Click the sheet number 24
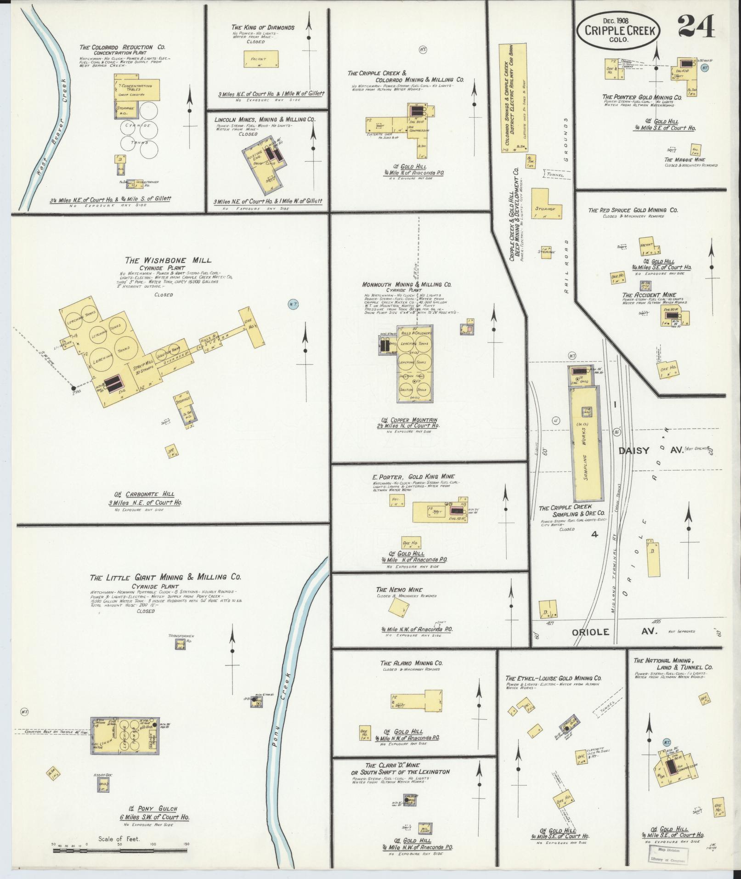click(x=696, y=26)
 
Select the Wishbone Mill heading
click(x=168, y=261)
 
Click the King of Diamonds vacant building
click(x=258, y=59)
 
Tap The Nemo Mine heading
click(x=399, y=590)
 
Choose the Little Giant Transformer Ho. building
click(x=180, y=644)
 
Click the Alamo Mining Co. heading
click(x=411, y=664)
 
